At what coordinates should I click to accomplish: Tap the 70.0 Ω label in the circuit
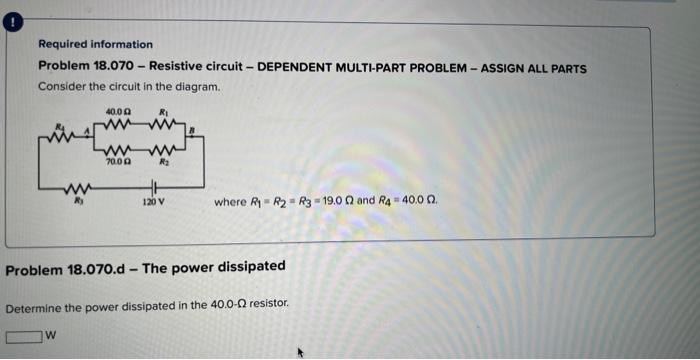coord(115,158)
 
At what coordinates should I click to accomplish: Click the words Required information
coord(95,44)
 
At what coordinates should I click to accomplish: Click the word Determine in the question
coord(34,302)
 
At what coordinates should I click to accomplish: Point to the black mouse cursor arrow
coord(297,351)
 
